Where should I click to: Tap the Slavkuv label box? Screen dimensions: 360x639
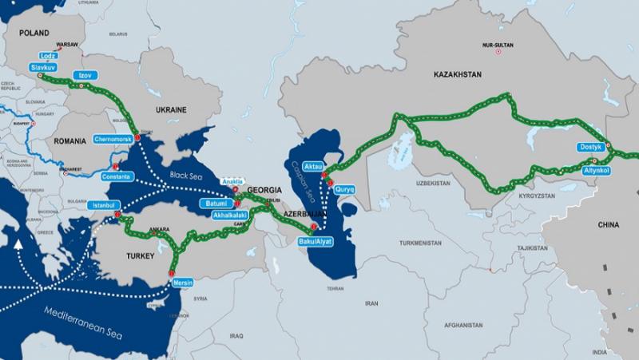click(x=42, y=68)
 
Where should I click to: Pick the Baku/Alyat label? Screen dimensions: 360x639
click(x=312, y=240)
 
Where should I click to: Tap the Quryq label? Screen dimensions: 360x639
click(x=345, y=189)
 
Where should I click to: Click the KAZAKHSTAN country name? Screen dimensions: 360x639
click(x=458, y=74)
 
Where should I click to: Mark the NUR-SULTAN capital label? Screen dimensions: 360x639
click(x=499, y=45)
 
